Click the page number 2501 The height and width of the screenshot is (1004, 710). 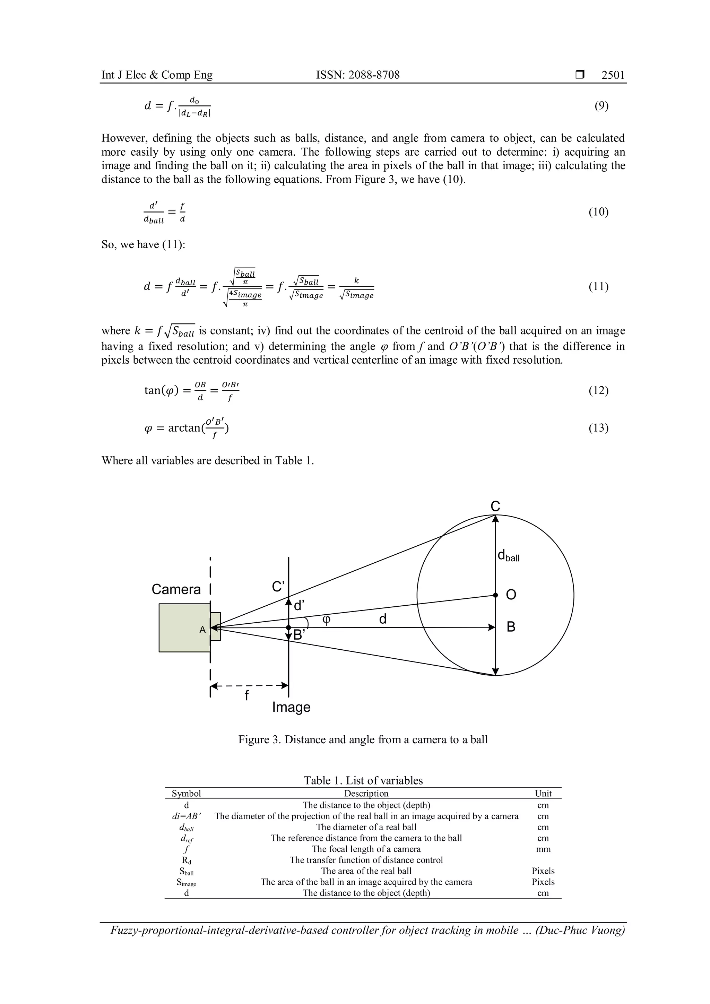[613, 75]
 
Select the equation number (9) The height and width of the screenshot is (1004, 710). [601, 105]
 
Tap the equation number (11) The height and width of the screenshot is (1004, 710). [598, 286]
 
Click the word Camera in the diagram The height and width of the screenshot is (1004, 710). [176, 589]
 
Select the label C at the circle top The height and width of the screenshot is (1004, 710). [495, 507]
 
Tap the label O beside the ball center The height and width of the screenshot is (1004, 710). [511, 595]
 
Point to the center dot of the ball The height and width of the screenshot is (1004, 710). [495, 595]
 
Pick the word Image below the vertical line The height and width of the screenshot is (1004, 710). [291, 707]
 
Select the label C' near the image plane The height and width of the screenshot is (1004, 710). [278, 586]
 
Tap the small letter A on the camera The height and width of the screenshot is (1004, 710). [202, 630]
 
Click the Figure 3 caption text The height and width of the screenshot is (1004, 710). [363, 739]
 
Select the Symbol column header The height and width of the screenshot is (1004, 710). [186, 793]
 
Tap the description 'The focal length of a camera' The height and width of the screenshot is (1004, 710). [366, 849]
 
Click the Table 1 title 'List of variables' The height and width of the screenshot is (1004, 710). [363, 780]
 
